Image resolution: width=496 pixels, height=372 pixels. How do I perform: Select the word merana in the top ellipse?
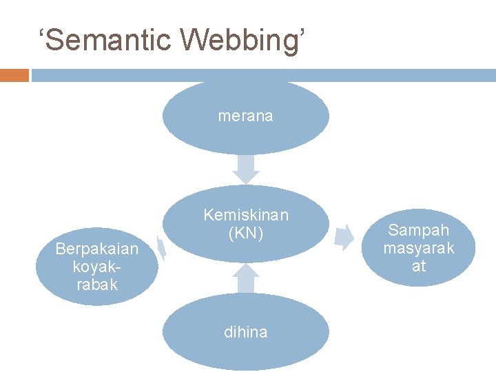tap(245, 116)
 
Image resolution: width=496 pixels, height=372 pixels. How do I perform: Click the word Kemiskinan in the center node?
tap(246, 215)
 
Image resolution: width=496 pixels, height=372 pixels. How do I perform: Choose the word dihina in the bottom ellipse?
tap(246, 332)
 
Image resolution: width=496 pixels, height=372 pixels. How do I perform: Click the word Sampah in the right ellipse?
tap(419, 229)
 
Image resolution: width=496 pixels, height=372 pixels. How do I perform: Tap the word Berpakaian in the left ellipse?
tap(97, 248)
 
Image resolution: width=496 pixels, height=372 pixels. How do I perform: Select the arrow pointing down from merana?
tap(246, 168)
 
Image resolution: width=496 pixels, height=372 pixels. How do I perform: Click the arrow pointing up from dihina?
tap(246, 278)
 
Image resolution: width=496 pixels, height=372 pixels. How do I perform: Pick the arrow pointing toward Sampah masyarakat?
tap(342, 237)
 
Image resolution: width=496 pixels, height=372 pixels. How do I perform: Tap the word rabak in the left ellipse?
tap(97, 284)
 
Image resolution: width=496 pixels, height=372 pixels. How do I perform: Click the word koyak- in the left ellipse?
tap(97, 266)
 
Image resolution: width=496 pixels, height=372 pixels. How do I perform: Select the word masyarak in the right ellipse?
tap(419, 247)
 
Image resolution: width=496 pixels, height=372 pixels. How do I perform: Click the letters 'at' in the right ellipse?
tap(419, 265)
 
